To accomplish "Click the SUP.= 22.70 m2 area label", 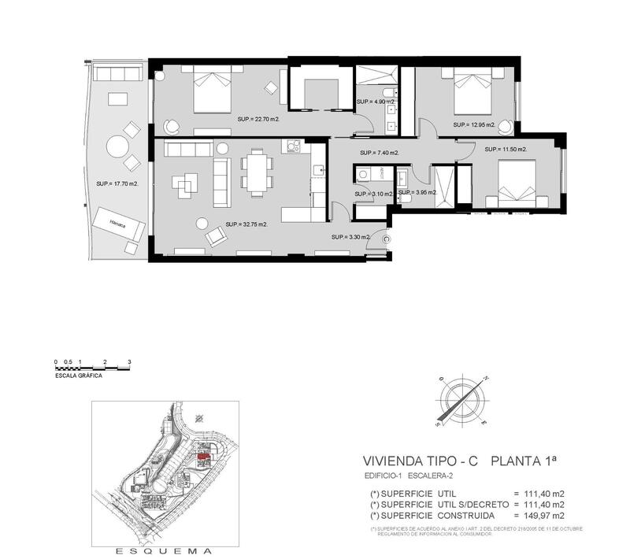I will (x=258, y=120).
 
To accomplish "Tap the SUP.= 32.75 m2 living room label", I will (x=246, y=224).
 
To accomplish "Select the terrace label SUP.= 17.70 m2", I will (x=117, y=183).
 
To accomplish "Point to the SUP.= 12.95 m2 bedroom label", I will (x=473, y=125).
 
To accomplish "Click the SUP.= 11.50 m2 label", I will (x=506, y=149).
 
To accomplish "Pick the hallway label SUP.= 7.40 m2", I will (x=379, y=153).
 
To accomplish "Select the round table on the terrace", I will (x=117, y=146).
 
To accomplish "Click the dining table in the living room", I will (x=254, y=172).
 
